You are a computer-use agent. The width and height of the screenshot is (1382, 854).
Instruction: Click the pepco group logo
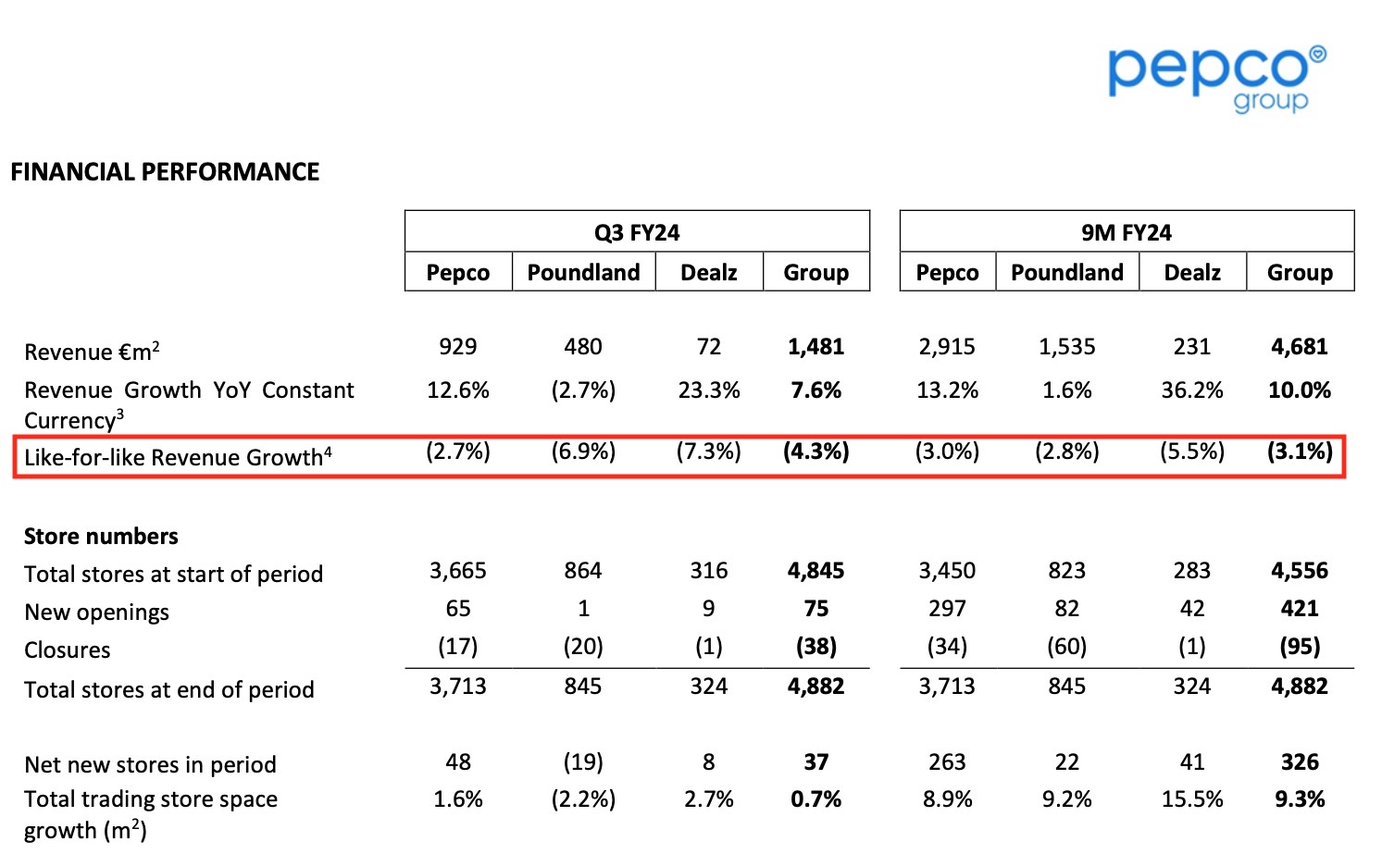tap(1216, 78)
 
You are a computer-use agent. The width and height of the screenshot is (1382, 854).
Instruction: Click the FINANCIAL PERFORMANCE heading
tap(165, 172)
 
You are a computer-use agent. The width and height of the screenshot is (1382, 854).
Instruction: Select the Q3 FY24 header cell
tap(637, 232)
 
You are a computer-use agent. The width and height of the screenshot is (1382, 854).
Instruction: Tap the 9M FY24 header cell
tap(1126, 232)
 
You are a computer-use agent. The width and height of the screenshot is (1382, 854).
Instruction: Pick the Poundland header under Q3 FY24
tap(583, 273)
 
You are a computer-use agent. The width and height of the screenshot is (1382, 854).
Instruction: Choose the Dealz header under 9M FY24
tap(1191, 273)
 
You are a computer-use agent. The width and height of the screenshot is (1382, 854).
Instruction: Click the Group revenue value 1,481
tap(816, 347)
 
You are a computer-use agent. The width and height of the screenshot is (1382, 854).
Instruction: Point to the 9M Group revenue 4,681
tap(1299, 347)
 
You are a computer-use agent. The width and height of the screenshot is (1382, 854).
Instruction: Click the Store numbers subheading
tap(101, 537)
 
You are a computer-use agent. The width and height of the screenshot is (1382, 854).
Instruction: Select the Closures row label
tap(68, 650)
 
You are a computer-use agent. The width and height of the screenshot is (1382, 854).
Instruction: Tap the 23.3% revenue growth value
tap(708, 390)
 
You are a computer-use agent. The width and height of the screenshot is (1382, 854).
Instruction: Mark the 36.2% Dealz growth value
tap(1191, 390)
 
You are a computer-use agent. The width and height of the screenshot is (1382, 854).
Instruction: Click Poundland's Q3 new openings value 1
tap(583, 609)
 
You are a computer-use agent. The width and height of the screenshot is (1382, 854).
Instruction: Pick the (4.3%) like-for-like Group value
tap(816, 452)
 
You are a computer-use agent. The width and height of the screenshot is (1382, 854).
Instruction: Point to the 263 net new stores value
tap(947, 762)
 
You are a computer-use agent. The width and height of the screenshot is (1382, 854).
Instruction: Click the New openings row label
tap(97, 613)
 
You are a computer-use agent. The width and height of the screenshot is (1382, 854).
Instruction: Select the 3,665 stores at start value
tap(457, 571)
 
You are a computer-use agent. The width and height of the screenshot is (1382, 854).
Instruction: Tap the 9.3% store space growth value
tap(1299, 799)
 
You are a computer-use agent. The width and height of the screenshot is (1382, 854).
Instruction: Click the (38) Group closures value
tap(816, 647)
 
